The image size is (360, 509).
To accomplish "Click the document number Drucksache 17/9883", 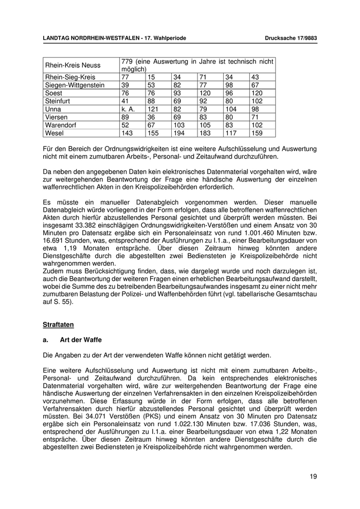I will point(291,39).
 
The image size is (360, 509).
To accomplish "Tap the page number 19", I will point(313,477).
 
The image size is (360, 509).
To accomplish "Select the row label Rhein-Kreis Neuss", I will point(73,65).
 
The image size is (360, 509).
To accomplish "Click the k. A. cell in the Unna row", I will point(128,110).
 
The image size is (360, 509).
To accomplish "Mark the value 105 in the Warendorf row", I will point(204,125).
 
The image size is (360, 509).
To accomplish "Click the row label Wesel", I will point(55,133).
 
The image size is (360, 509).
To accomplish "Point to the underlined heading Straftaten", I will point(59,324).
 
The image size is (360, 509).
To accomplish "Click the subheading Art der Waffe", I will point(81,340).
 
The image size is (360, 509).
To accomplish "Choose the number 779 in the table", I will point(127,62).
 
